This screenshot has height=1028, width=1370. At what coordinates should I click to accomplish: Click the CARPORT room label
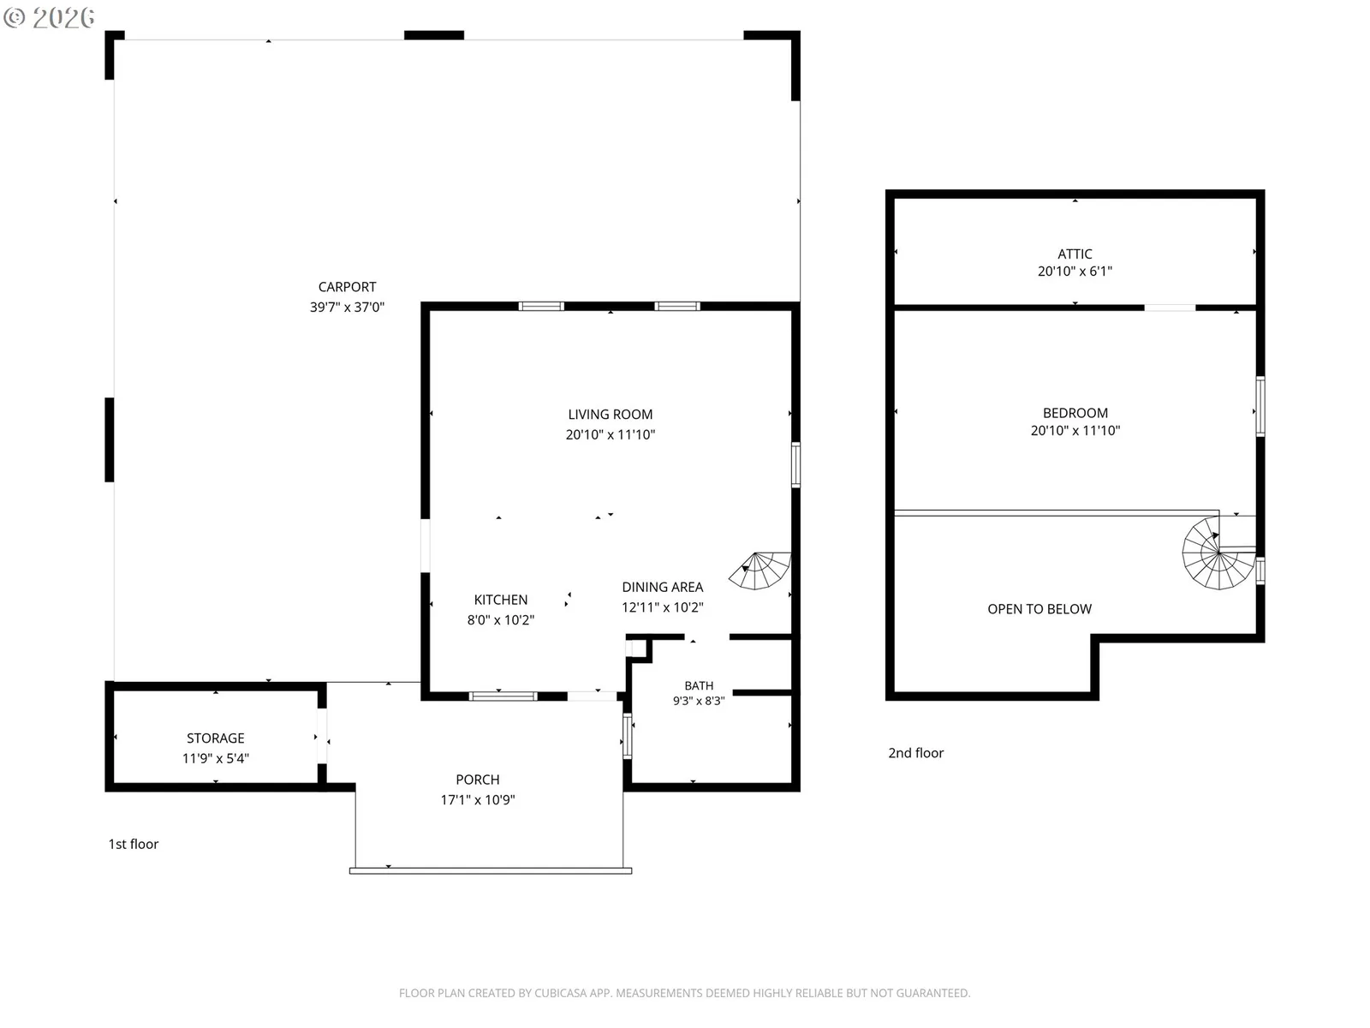[x=347, y=287]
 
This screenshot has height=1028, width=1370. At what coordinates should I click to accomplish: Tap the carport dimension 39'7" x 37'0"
[x=347, y=307]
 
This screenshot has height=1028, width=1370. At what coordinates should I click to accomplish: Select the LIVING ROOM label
[x=610, y=415]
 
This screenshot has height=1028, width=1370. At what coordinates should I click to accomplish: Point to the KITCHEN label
[x=501, y=600]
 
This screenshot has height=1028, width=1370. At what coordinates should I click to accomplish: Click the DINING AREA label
[x=662, y=588]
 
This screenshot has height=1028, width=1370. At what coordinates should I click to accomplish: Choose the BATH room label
[x=699, y=685]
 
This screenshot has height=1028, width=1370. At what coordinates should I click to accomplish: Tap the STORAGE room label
[x=215, y=738]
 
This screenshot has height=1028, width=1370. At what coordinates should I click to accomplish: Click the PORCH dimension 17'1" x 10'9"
[x=478, y=800]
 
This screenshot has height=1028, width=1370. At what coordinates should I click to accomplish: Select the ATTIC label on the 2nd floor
[x=1075, y=254]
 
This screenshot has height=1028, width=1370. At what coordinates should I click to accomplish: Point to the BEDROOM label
[x=1075, y=413]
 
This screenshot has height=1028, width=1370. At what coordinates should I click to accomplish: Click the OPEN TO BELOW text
[x=1039, y=609]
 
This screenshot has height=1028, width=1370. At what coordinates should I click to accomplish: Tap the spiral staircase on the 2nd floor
[x=1218, y=553]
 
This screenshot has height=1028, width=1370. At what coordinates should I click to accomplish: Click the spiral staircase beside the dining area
[x=759, y=571]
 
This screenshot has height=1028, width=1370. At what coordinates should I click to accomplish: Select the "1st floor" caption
[x=134, y=844]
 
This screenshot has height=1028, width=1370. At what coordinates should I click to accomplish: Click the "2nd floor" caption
[x=915, y=753]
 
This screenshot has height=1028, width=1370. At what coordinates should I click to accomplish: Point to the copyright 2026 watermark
[x=49, y=17]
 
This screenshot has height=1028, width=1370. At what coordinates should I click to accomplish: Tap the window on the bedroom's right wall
[x=1260, y=406]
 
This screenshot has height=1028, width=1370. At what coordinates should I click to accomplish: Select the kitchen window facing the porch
[x=503, y=696]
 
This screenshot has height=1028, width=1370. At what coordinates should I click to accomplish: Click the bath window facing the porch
[x=628, y=737]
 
